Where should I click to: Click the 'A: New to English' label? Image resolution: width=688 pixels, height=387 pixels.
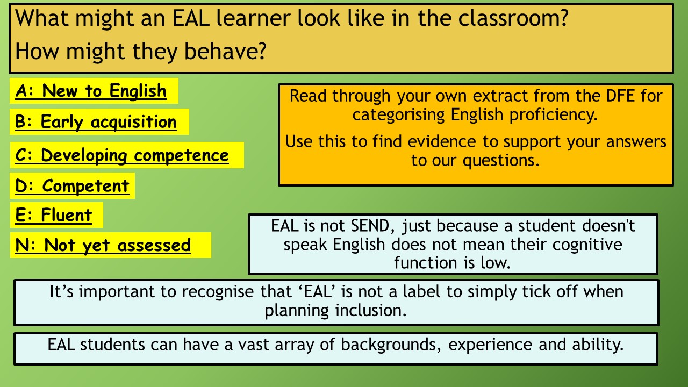pos(91,91)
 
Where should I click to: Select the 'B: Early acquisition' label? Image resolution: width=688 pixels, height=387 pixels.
pos(96,122)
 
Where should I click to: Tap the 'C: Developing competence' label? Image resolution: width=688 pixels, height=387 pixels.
pos(122,155)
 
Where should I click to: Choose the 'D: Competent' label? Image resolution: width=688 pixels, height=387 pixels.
pos(72,186)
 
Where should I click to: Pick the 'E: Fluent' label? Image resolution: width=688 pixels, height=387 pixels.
pos(53,215)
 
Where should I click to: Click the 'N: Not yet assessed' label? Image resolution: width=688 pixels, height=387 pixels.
pos(103,246)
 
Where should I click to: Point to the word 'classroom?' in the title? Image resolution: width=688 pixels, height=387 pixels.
pos(513,18)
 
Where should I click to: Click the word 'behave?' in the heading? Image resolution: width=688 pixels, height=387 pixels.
pos(225,51)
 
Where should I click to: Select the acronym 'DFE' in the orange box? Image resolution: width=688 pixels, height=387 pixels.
pos(620,96)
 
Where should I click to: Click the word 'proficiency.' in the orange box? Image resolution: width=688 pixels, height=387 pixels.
pos(554,115)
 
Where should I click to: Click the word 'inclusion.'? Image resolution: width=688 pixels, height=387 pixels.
pos(371,311)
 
